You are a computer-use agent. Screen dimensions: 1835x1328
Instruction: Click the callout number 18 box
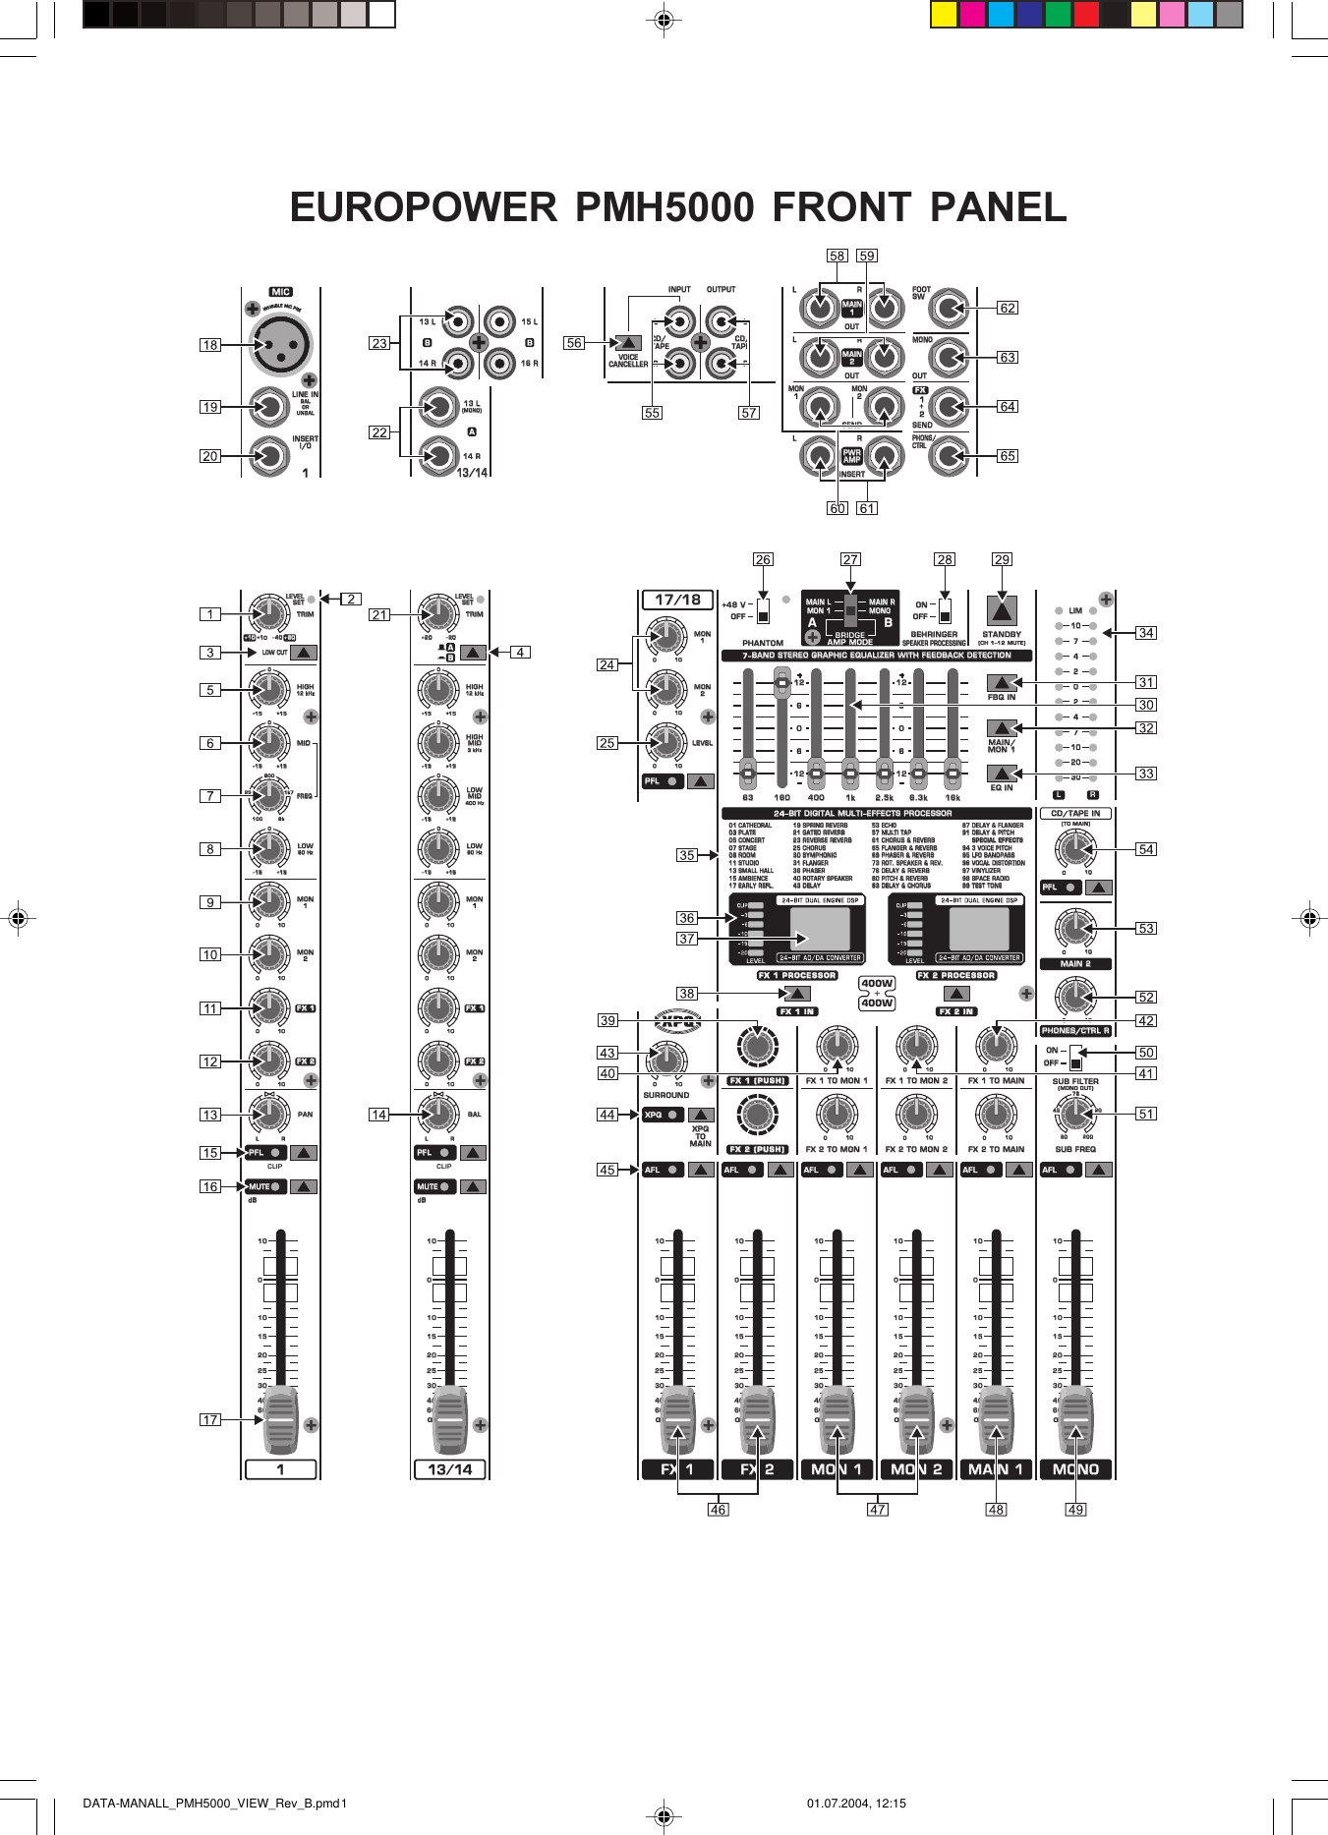click(209, 345)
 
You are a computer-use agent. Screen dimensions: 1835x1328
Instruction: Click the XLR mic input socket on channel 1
click(280, 345)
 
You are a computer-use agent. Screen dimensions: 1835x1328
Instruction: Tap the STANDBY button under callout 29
click(1001, 610)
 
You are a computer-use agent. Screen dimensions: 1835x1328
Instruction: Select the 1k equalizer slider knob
click(850, 774)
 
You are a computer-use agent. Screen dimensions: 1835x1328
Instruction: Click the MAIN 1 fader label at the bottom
click(996, 1469)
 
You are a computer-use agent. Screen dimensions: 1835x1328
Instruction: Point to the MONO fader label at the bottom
click(1075, 1469)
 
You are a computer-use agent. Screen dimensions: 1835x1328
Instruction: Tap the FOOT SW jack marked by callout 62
click(949, 309)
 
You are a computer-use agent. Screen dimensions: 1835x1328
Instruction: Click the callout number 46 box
click(718, 1510)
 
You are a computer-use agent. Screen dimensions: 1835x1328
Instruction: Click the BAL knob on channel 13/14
click(438, 1114)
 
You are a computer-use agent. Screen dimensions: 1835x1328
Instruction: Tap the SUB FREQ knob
click(1075, 1114)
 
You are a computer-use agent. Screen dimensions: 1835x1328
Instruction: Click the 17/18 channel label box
click(677, 600)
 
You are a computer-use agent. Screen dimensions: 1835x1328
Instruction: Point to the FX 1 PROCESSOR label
click(797, 976)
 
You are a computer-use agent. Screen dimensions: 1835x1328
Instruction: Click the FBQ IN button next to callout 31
click(1001, 682)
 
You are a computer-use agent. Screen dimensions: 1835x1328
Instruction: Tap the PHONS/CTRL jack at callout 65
click(949, 455)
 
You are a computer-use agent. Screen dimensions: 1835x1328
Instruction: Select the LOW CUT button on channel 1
click(303, 652)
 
